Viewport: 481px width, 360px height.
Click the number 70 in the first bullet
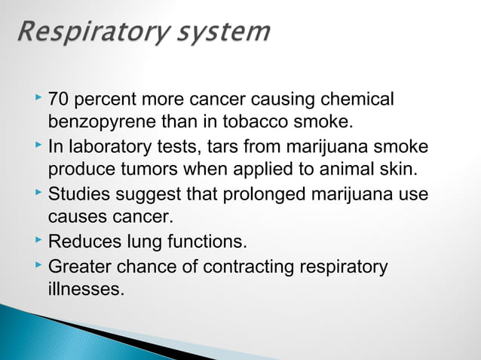(x=59, y=99)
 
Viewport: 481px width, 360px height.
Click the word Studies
(x=78, y=194)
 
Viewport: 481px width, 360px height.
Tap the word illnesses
(x=86, y=290)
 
